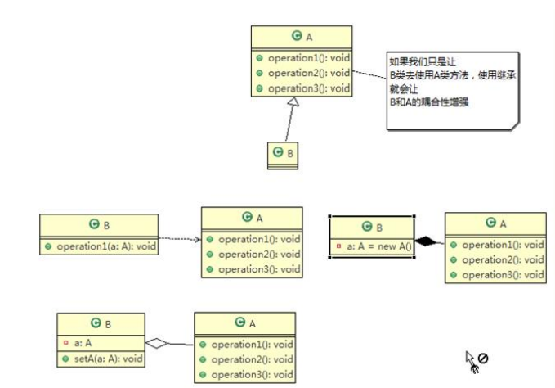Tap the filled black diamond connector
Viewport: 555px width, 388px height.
point(425,241)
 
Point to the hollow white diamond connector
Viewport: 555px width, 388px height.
point(157,343)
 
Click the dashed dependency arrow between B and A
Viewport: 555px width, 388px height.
point(179,240)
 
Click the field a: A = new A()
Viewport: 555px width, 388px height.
point(377,246)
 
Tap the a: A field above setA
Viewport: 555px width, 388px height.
point(81,344)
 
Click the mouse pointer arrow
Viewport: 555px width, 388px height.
point(470,358)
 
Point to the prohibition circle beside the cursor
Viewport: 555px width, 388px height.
point(483,359)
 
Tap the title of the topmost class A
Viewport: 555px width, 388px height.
point(302,37)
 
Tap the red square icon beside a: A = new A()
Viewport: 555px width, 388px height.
point(338,246)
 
